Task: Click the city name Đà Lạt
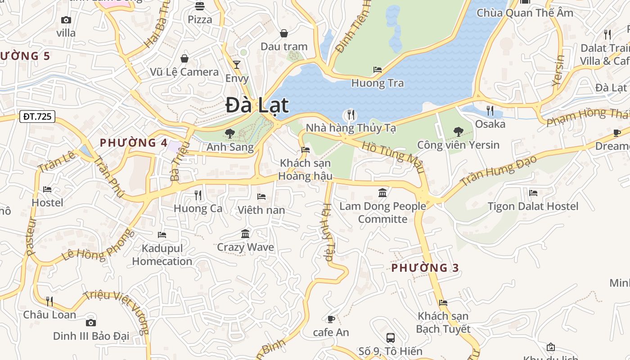[x=257, y=105]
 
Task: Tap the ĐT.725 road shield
[x=37, y=117]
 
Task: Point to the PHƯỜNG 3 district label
[x=425, y=268]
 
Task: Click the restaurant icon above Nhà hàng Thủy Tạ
[x=351, y=114]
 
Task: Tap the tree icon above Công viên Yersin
[x=458, y=132]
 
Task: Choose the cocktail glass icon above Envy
[x=237, y=65]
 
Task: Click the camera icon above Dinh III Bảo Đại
[x=91, y=323]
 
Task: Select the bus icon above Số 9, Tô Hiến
[x=391, y=337]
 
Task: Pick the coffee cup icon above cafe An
[x=331, y=319]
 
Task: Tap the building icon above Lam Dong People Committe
[x=382, y=193]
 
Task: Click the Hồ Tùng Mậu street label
[x=393, y=157]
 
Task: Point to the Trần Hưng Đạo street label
[x=499, y=171]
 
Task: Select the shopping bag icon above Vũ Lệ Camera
[x=184, y=58]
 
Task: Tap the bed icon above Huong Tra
[x=378, y=70]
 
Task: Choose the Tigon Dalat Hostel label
[x=533, y=207]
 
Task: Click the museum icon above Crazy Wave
[x=245, y=234]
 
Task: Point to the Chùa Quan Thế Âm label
[x=525, y=13]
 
